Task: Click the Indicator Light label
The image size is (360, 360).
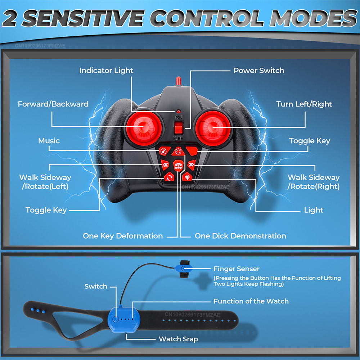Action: click(x=106, y=71)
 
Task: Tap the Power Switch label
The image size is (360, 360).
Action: click(x=259, y=71)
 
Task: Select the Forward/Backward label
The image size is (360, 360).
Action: click(x=53, y=104)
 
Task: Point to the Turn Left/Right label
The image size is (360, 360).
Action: click(x=304, y=104)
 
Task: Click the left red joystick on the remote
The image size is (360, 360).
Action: click(x=144, y=127)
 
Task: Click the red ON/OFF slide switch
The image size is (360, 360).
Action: click(x=178, y=127)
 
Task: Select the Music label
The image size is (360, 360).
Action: click(x=49, y=141)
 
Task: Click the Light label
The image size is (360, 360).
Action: click(x=314, y=210)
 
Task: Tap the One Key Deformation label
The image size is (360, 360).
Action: click(x=123, y=236)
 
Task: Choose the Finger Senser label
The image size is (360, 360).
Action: click(x=236, y=269)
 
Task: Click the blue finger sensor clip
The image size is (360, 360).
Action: click(x=183, y=268)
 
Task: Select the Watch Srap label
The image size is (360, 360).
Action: click(x=178, y=339)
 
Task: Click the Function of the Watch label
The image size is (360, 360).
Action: click(x=251, y=301)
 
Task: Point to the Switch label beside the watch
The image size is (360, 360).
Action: click(x=96, y=287)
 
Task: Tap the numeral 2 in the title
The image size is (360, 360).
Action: click(x=14, y=19)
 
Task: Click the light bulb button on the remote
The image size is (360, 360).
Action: click(x=188, y=177)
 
